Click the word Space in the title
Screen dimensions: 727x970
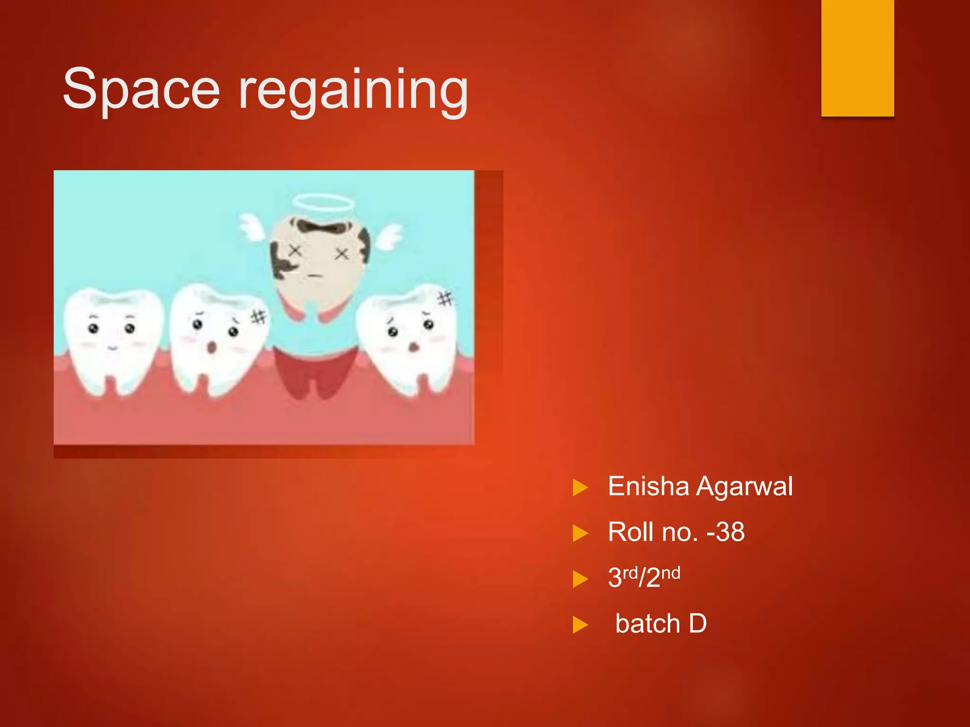click(141, 89)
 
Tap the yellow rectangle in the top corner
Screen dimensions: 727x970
click(857, 58)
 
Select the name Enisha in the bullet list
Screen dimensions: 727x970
click(648, 486)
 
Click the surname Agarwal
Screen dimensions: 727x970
click(745, 486)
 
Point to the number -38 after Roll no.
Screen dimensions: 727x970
click(726, 532)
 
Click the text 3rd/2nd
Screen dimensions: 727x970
click(644, 577)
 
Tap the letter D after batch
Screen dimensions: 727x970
click(698, 623)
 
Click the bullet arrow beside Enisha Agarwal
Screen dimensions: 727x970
click(580, 488)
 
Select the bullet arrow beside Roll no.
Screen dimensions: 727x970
click(580, 533)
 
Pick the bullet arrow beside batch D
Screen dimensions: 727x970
click(580, 625)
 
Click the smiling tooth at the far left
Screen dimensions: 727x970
click(112, 338)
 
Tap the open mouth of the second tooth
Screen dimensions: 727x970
click(212, 348)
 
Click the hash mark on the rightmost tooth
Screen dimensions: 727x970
click(445, 299)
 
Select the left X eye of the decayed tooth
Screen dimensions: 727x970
click(295, 251)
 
